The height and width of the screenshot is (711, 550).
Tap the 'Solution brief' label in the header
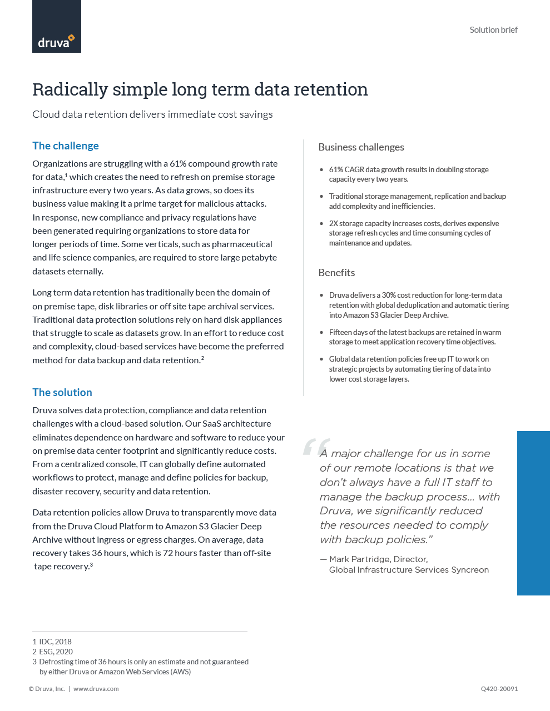tap(493, 30)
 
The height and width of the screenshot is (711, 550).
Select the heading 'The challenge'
tap(66, 146)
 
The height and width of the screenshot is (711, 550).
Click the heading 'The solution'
tap(62, 393)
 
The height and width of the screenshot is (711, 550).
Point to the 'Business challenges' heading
tap(361, 147)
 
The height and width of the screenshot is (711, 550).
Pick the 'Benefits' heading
tap(336, 273)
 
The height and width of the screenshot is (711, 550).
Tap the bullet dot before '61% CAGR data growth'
tap(321, 170)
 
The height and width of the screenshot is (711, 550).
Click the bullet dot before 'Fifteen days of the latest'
tap(321, 333)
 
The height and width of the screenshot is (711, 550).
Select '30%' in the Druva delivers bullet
tap(389, 296)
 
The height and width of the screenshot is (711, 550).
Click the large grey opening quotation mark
tap(316, 447)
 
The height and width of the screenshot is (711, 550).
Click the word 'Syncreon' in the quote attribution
tap(470, 570)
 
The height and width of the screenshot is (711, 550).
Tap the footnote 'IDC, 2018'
tap(55, 642)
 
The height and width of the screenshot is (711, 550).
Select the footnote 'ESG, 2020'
tap(56, 652)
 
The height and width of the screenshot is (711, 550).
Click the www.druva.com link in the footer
tap(96, 689)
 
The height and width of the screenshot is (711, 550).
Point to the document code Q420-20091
tap(499, 689)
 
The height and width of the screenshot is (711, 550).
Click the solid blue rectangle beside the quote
tap(533, 513)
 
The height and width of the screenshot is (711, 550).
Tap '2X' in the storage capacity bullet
tap(334, 224)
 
